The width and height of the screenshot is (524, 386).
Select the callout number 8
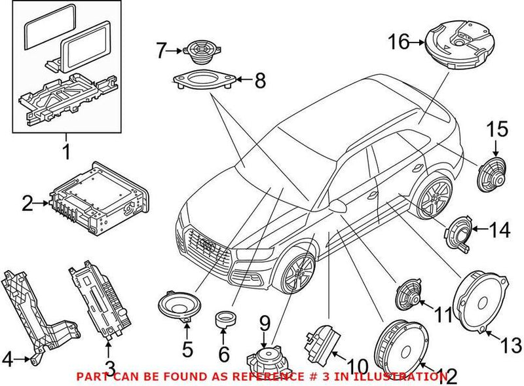[x=260, y=81]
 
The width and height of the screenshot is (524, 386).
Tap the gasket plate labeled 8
[x=204, y=82]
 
